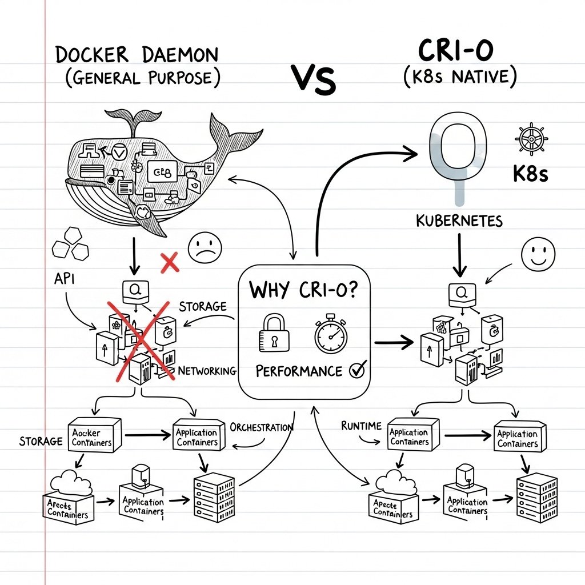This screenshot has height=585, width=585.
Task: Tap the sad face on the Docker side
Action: [204, 248]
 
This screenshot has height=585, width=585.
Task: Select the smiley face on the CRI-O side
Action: [538, 253]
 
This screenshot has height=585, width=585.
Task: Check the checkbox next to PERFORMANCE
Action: [356, 370]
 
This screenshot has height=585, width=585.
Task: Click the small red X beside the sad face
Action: [170, 263]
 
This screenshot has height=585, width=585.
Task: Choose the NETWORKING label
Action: [207, 371]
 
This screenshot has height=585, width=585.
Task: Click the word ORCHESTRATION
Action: [261, 427]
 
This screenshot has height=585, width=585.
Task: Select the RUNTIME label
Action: [360, 426]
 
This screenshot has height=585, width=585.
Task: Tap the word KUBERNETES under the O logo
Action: [459, 220]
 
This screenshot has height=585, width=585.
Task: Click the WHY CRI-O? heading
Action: [303, 290]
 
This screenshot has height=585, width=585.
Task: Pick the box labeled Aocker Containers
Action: [93, 438]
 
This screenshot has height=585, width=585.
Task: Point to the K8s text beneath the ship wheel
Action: [530, 174]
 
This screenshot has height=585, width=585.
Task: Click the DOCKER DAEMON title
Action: [137, 55]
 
